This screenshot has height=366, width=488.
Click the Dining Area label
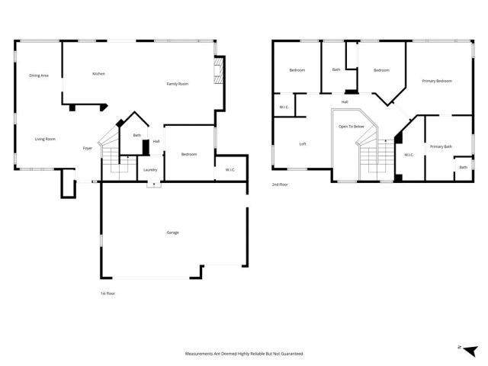39,75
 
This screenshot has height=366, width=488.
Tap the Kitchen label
98,74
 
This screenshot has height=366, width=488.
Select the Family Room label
178,84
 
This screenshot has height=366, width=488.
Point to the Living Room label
45,139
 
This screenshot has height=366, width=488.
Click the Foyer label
88,148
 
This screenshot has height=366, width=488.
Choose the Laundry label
150,169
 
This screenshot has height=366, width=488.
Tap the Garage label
173,232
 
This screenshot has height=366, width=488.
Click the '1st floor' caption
108,294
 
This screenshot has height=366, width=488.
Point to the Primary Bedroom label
437,81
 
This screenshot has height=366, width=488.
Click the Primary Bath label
441,146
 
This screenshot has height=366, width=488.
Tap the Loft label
303,144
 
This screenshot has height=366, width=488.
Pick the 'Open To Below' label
352,127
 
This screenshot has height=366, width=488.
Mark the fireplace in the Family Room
217,74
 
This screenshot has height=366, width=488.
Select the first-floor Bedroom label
189,155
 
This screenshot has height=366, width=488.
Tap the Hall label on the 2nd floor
345,101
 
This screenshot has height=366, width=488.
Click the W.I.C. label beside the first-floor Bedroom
230,169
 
